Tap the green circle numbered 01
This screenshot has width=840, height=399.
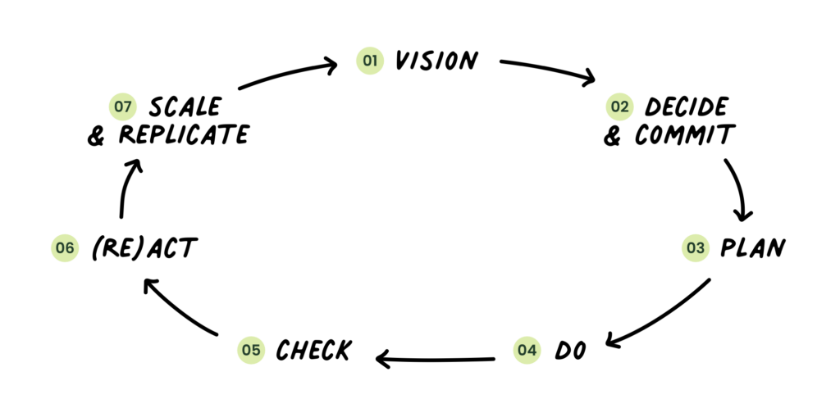(x=371, y=61)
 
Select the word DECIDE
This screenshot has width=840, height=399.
(x=686, y=107)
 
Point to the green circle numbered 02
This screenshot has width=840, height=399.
(x=619, y=107)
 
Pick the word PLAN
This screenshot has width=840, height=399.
(x=751, y=247)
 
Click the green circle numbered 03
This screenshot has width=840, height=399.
(x=695, y=247)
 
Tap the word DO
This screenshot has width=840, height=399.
(x=571, y=351)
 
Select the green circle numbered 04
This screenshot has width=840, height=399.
(x=527, y=351)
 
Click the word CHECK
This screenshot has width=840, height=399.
(x=313, y=351)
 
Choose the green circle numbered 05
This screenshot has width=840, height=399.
(x=250, y=351)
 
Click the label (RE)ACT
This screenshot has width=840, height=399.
(x=144, y=247)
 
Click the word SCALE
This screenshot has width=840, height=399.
(x=185, y=107)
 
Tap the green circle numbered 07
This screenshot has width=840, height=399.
(x=122, y=107)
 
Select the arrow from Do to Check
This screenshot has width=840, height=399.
(x=435, y=358)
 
